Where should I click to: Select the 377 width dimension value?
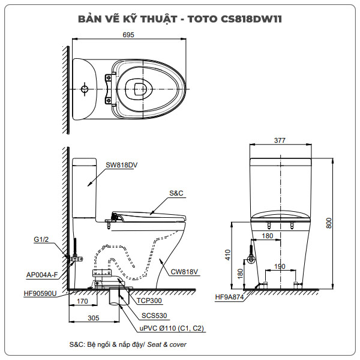point(280,140)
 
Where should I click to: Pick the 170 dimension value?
point(83,303)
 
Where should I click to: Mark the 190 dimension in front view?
point(280,266)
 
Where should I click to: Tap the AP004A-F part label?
point(43,275)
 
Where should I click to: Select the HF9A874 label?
point(229,297)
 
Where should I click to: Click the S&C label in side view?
point(176,193)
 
